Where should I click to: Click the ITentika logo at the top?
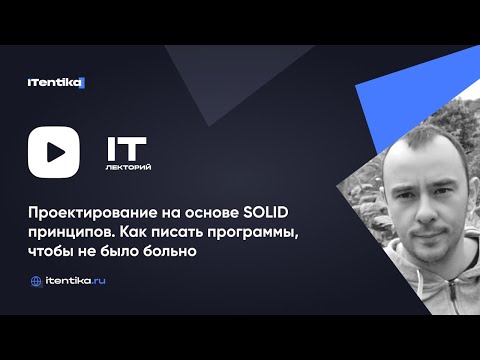tap(56, 82)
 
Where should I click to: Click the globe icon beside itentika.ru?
tap(36, 282)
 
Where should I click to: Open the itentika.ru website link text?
tap(75, 282)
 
